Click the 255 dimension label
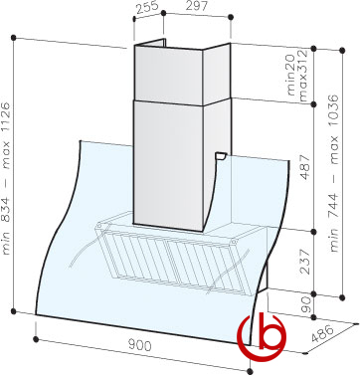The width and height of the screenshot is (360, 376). click(x=146, y=7)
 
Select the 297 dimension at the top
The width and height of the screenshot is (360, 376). click(x=197, y=6)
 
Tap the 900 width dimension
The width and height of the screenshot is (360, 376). click(x=139, y=345)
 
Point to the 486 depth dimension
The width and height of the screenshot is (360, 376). click(x=322, y=333)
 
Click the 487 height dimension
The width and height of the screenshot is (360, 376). click(x=305, y=166)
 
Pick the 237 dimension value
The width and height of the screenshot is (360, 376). click(x=305, y=262)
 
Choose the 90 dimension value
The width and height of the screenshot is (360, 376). click(x=306, y=304)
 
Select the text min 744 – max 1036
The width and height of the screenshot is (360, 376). click(x=335, y=173)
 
